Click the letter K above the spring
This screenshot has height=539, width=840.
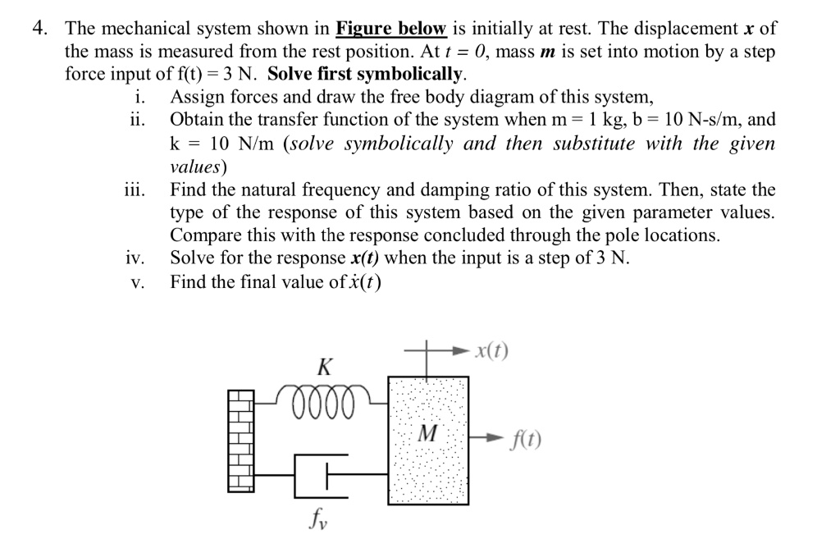point(325,367)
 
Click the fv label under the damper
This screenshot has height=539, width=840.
point(317,517)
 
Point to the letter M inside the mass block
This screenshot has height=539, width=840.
point(427,432)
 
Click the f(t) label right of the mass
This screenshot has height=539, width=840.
point(524,441)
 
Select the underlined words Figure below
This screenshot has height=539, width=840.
point(391,29)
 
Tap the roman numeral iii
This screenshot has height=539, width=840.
point(134,190)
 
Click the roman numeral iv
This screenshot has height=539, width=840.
point(135,259)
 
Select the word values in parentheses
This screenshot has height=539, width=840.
point(198,166)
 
